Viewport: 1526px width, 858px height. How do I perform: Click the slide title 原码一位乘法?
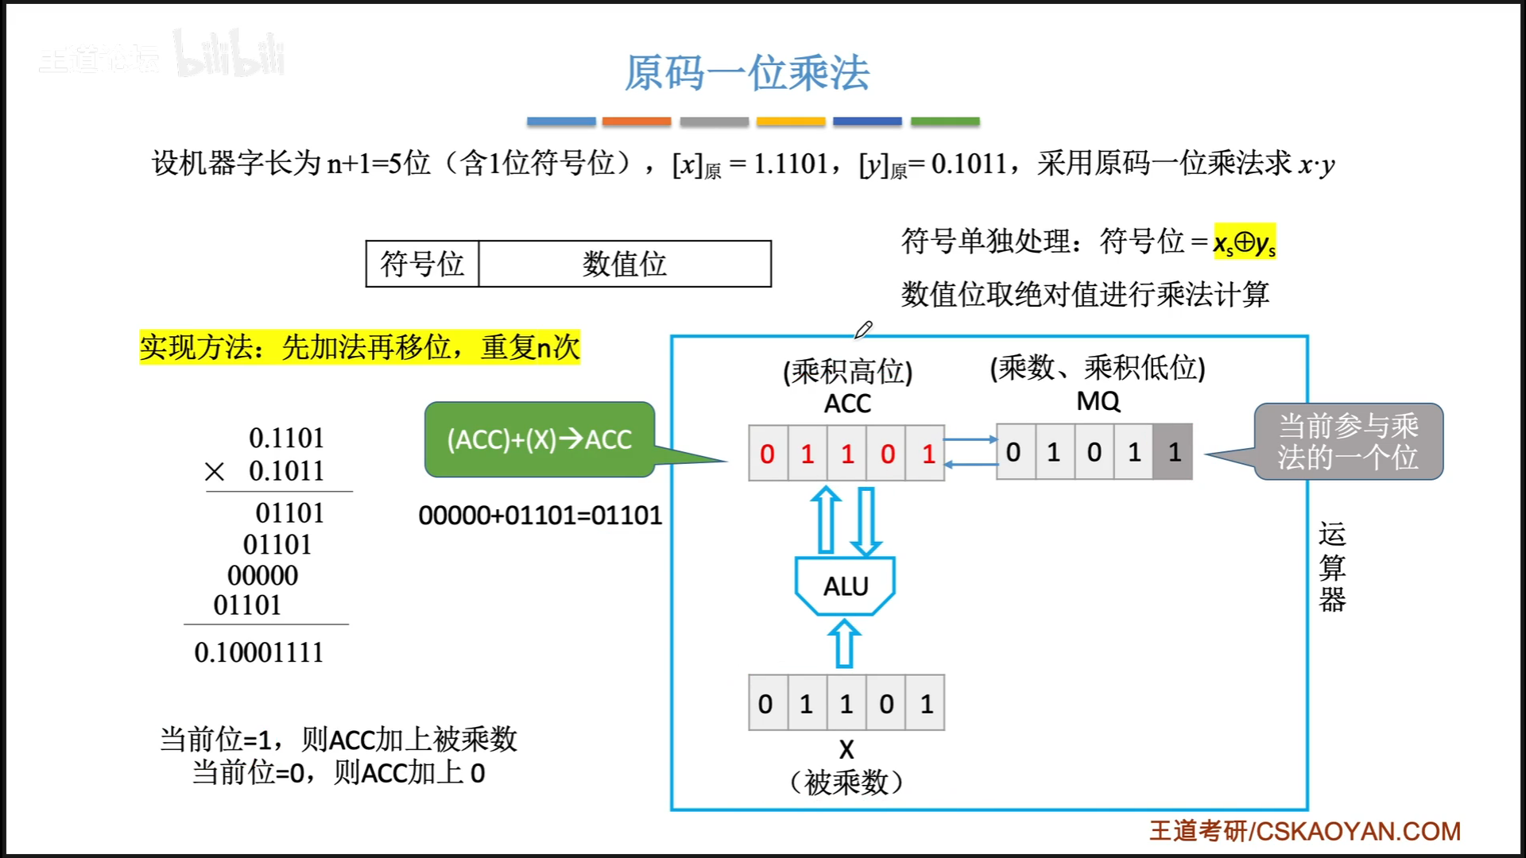pyautogui.click(x=746, y=73)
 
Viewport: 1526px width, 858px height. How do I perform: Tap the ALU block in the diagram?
pyautogui.click(x=846, y=586)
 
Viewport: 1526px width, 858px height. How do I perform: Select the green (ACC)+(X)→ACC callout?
pyautogui.click(x=540, y=439)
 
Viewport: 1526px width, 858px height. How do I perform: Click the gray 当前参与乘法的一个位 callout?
pyautogui.click(x=1348, y=442)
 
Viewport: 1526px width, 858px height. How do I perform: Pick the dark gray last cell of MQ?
pyautogui.click(x=1174, y=452)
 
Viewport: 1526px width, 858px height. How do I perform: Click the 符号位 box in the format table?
pyautogui.click(x=422, y=264)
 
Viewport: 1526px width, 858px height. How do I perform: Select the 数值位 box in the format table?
pyautogui.click(x=625, y=264)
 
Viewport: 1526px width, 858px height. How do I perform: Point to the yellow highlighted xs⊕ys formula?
pyautogui.click(x=1244, y=242)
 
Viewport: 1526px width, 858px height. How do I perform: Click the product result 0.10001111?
pyautogui.click(x=259, y=652)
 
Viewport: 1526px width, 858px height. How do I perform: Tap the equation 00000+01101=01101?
pyautogui.click(x=540, y=516)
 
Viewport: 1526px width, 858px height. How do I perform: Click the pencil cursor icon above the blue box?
pyautogui.click(x=864, y=329)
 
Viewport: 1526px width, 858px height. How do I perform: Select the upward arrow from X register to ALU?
pyautogui.click(x=844, y=643)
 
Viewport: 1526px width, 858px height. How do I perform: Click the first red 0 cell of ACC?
pyautogui.click(x=768, y=454)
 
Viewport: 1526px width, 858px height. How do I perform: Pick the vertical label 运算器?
pyautogui.click(x=1332, y=566)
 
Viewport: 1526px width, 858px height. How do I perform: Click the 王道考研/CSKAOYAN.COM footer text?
pyautogui.click(x=1305, y=831)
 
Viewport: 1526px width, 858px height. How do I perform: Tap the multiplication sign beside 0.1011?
pyautogui.click(x=215, y=472)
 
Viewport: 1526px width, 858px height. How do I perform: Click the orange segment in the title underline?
pyautogui.click(x=637, y=122)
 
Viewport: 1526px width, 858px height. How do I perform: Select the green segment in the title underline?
pyautogui.click(x=945, y=122)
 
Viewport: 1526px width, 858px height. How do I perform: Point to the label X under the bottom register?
pyautogui.click(x=846, y=749)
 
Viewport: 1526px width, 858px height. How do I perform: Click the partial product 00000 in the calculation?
pyautogui.click(x=263, y=575)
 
